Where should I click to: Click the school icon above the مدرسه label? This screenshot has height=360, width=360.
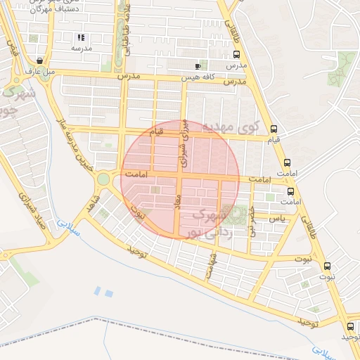(x=81, y=37)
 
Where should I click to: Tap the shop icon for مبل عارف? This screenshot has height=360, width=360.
(x=39, y=60)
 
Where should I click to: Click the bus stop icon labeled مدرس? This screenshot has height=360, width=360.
(x=236, y=53)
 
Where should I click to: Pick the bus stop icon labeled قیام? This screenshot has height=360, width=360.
(x=274, y=129)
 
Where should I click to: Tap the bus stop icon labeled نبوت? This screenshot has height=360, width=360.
(x=327, y=266)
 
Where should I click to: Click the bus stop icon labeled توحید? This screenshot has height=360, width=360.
(x=350, y=326)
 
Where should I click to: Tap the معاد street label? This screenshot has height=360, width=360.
(x=178, y=209)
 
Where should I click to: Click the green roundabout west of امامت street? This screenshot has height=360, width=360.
(x=103, y=179)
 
